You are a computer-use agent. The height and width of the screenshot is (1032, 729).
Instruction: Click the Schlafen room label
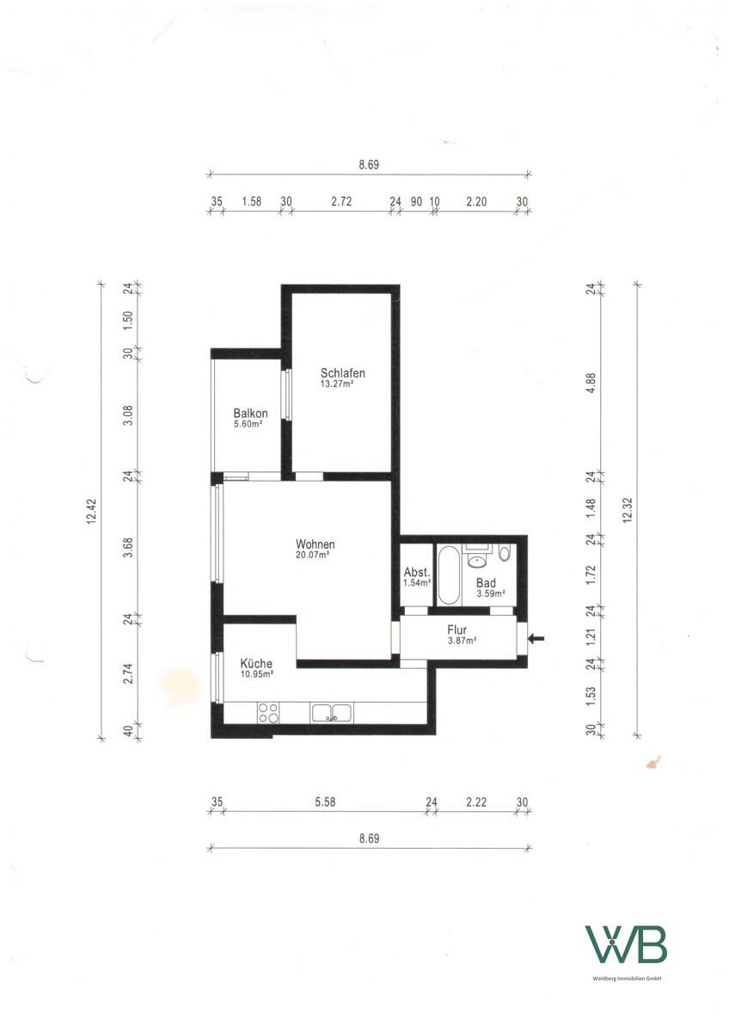pos(343,372)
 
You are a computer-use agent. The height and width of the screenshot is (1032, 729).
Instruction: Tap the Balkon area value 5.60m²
pos(248,424)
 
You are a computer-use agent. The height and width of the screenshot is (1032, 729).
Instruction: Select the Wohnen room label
pos(315,544)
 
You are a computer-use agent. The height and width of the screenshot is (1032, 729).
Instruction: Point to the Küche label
pos(256,663)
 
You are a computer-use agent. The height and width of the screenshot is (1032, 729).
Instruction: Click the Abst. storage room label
pos(417,572)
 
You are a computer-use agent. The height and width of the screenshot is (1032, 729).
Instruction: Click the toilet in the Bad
pos(505,552)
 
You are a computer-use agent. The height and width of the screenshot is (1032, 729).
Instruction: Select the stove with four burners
pos(268,713)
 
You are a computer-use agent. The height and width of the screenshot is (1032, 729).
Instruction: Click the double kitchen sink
pos(332,713)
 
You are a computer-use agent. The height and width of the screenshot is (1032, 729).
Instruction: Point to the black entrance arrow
pos(536,638)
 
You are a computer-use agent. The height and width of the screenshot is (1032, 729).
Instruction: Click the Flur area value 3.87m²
pos(462,640)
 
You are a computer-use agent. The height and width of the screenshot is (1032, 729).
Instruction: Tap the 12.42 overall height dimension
pos(91,512)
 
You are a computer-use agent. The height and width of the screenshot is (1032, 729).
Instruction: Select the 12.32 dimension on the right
pos(628,510)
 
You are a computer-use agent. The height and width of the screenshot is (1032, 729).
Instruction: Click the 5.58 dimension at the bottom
pos(325,802)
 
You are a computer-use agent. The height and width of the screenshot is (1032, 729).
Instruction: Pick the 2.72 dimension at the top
pos(341,201)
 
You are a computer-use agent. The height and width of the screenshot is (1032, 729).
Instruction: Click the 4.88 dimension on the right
pos(591,383)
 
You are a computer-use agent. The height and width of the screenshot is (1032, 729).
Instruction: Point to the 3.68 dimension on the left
pos(128,547)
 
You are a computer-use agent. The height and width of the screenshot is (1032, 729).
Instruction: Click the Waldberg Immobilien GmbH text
pos(627,977)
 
